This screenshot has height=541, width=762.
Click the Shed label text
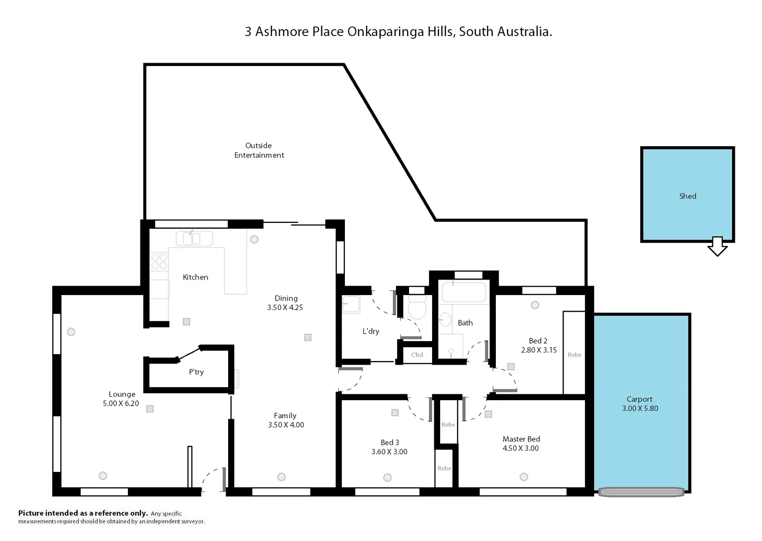[687, 196]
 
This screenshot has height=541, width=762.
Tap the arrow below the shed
[717, 246]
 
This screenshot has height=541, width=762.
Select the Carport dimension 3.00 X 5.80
[640, 408]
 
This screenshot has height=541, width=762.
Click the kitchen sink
[194, 238]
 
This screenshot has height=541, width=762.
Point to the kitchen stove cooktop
[159, 261]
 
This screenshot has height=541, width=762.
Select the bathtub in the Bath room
[464, 292]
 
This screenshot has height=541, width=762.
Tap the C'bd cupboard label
[417, 355]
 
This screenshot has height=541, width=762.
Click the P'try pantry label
[196, 372]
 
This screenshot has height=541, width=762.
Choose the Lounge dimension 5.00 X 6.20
[121, 403]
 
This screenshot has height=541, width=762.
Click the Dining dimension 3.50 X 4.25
[285, 308]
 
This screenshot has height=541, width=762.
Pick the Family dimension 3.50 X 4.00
[286, 425]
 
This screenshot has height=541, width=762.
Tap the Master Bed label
[521, 439]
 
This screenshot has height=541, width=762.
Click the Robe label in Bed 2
[575, 355]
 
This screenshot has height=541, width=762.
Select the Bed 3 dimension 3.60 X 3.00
[389, 452]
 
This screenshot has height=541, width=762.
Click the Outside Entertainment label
[259, 150]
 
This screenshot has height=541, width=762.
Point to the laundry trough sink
[351, 304]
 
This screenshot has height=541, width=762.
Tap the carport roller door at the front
[641, 492]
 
